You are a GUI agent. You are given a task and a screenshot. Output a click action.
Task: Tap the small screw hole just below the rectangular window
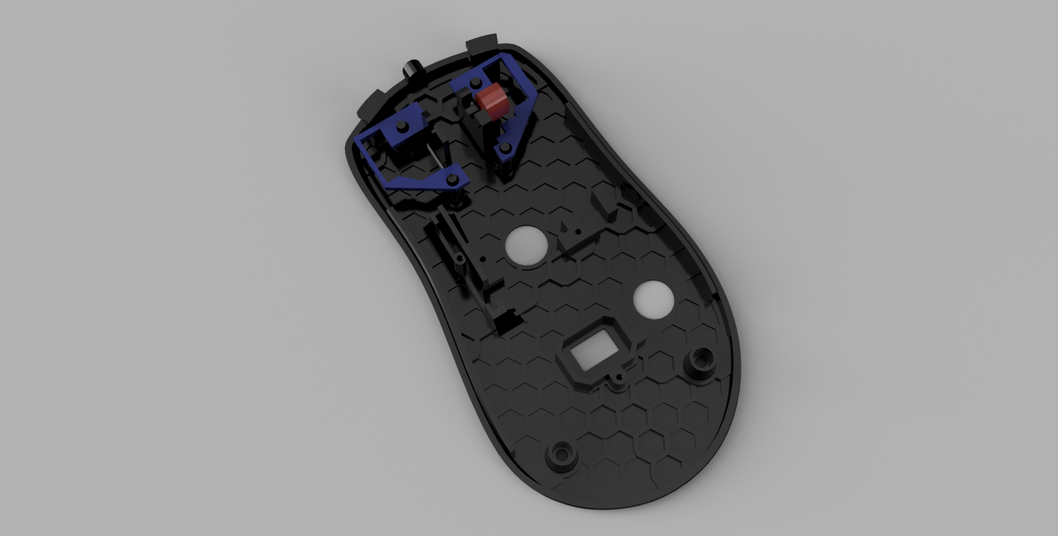619,378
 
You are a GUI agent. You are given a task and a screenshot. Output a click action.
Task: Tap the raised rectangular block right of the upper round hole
604,208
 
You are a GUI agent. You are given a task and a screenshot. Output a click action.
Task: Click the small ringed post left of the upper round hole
460,258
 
